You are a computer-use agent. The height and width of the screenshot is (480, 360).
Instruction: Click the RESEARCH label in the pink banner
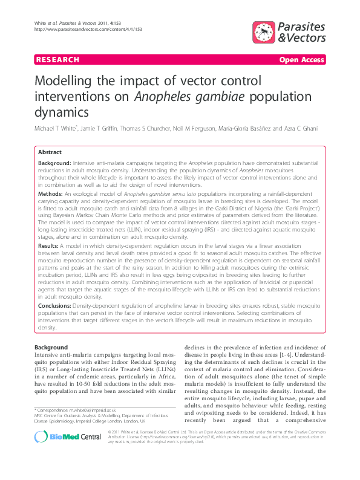(58, 60)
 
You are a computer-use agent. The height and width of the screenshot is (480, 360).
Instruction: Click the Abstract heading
(50, 152)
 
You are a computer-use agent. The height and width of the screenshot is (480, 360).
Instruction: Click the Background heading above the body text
(51, 348)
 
